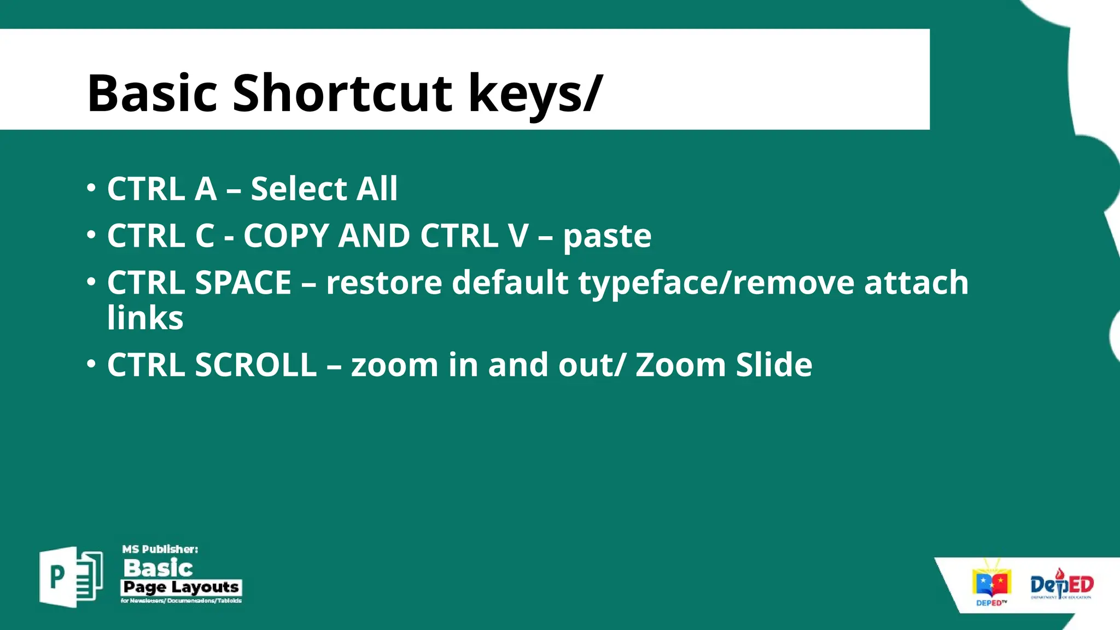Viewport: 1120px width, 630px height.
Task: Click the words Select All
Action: [x=324, y=189]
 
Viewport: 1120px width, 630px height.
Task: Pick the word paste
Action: [x=607, y=236]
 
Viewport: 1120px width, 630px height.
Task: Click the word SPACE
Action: [x=243, y=283]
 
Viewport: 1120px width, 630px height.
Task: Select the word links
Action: [x=145, y=318]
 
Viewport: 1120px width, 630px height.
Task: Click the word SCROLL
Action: [x=255, y=365]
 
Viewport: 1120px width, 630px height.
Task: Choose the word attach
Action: [x=916, y=283]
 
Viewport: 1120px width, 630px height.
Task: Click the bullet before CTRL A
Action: [x=91, y=188]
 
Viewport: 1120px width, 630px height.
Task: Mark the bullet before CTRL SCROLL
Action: [x=91, y=364]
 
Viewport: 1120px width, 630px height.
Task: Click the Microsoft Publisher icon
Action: [x=71, y=576]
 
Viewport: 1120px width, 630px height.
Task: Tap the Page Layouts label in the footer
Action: [x=180, y=587]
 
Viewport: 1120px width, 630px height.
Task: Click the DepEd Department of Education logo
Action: [x=1061, y=585]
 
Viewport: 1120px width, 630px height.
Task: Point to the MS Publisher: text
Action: [x=160, y=549]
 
